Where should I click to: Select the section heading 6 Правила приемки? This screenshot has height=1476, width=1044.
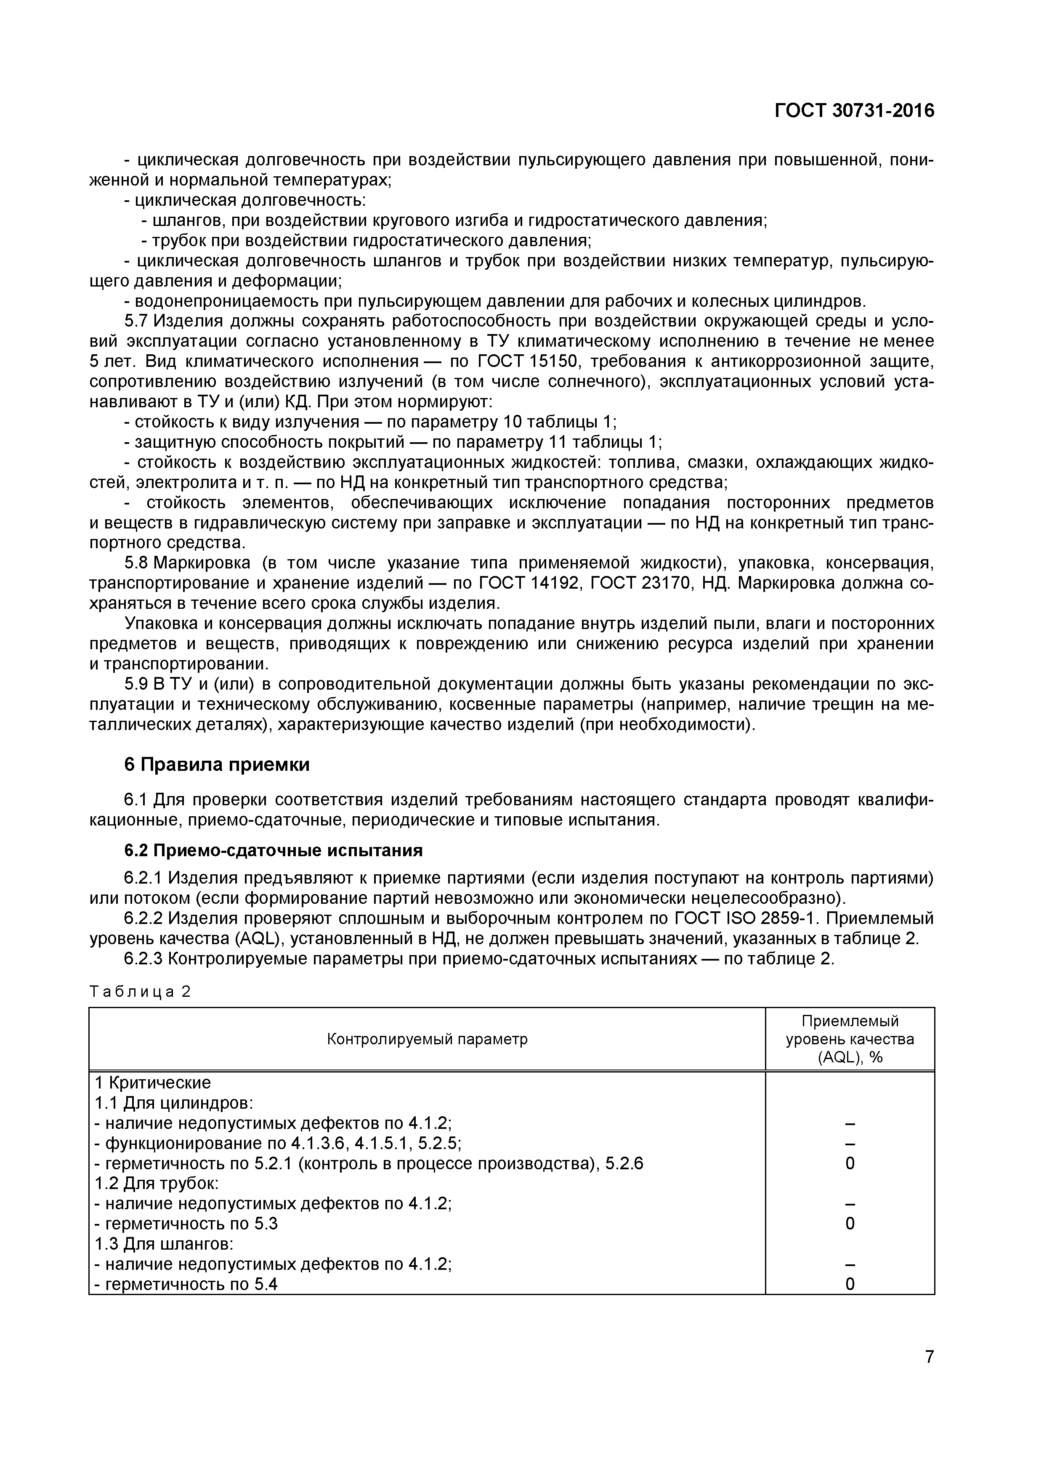click(217, 765)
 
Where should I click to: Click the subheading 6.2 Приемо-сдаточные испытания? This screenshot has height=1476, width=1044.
click(273, 850)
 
